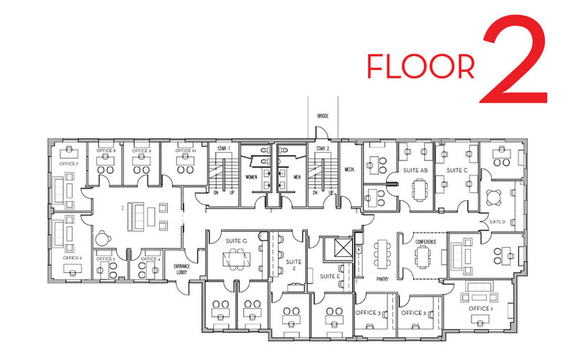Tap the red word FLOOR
coord(421,66)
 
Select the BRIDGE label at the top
coord(323,116)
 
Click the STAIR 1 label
coord(223,148)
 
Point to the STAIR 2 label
coord(323,148)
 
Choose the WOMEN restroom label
coord(251,176)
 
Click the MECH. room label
coord(351,170)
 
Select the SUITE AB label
coord(415,171)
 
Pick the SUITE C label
coord(457,171)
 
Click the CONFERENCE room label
coord(425,242)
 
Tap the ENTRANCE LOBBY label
coord(182,269)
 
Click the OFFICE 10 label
coord(184,150)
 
